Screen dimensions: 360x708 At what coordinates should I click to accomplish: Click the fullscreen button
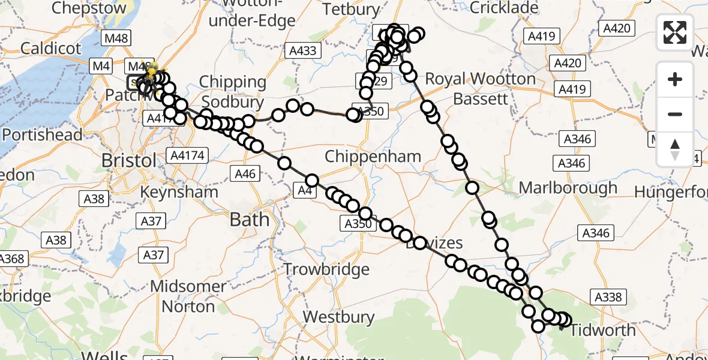click(x=675, y=32)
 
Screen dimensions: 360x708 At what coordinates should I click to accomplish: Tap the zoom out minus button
click(x=675, y=114)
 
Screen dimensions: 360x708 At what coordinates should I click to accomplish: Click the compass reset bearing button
click(x=675, y=149)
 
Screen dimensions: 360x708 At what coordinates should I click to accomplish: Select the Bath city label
click(x=250, y=220)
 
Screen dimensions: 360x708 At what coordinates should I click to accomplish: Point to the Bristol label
click(x=129, y=161)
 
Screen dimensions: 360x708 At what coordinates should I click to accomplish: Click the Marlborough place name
click(x=568, y=188)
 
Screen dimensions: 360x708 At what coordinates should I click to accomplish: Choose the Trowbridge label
click(x=326, y=269)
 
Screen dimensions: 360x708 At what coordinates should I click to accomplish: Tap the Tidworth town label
click(x=602, y=330)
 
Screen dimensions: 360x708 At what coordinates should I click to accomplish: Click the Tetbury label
click(x=352, y=10)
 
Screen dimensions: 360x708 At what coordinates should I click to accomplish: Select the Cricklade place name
click(x=505, y=8)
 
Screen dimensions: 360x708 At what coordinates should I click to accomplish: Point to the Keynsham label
click(x=179, y=192)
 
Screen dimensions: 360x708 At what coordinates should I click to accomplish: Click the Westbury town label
click(x=335, y=316)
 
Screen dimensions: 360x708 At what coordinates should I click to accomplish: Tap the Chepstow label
click(x=89, y=8)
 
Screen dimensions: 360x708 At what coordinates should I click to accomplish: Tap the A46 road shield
click(x=245, y=175)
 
